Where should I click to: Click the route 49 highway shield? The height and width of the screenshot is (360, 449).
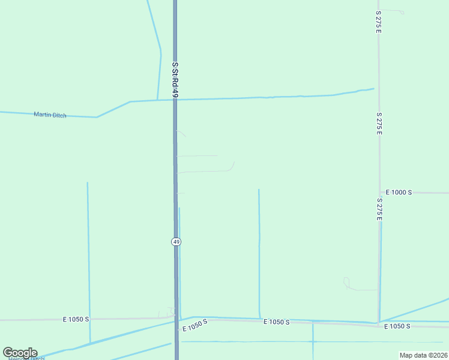(175, 241)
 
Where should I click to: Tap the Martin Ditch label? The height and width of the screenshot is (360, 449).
(50, 115)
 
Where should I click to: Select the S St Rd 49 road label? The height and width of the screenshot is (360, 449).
(175, 77)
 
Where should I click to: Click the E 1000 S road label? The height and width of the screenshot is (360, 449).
(399, 192)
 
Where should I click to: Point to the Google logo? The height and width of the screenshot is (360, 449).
(20, 353)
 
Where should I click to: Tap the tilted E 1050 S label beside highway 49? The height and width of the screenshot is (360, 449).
(195, 325)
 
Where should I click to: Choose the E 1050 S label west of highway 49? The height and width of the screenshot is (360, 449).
(76, 319)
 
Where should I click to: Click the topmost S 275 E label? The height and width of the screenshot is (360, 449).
(378, 22)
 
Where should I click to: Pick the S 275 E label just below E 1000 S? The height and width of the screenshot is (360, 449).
(379, 209)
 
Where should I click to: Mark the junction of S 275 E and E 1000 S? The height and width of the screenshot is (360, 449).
(379, 193)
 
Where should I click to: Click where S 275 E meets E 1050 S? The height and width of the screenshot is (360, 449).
(378, 323)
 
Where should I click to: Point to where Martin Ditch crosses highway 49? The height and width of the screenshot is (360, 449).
(175, 100)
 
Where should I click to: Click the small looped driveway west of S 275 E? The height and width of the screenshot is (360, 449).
(347, 282)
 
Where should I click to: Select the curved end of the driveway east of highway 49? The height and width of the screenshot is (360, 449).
(232, 166)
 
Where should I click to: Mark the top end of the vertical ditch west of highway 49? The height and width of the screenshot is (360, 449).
(87, 183)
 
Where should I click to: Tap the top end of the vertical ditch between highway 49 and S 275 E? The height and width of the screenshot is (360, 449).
(259, 190)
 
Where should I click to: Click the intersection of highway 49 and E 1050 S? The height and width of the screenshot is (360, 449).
(176, 319)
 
